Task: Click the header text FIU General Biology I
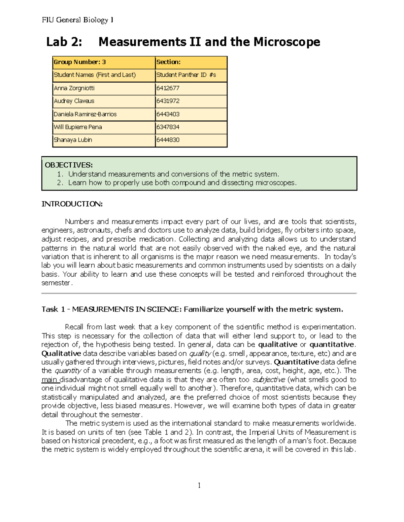click(x=77, y=20)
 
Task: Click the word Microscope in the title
click(x=287, y=42)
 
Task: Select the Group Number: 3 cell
click(x=80, y=62)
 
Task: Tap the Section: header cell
click(x=168, y=62)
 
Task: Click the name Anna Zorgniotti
click(x=74, y=88)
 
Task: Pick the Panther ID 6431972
click(x=168, y=101)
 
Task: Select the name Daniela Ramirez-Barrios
click(x=85, y=114)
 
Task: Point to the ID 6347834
click(x=168, y=127)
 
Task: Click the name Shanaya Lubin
click(x=73, y=140)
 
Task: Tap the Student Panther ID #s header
click(x=186, y=75)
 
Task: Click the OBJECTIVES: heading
click(x=69, y=165)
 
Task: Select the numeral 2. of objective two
click(x=60, y=183)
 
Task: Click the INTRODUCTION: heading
click(x=72, y=204)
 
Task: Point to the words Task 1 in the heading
click(x=53, y=309)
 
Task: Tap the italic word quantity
click(x=68, y=371)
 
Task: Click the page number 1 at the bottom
click(x=199, y=485)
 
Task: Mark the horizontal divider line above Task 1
click(x=199, y=293)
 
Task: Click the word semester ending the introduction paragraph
click(x=56, y=283)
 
